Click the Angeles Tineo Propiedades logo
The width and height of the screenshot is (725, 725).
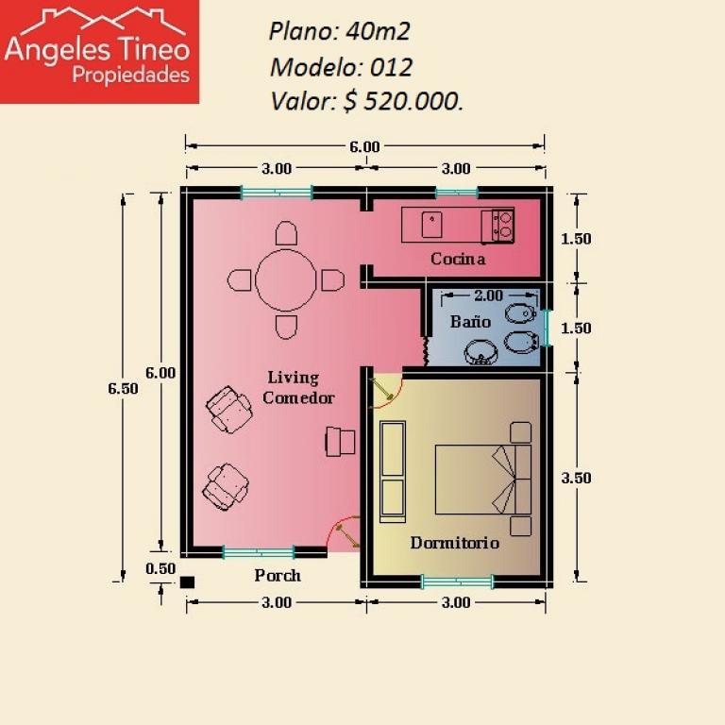[x=99, y=51]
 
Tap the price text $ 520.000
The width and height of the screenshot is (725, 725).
[x=403, y=101]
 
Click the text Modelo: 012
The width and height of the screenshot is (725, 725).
[x=341, y=67]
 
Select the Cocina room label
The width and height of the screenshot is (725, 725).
[x=458, y=259]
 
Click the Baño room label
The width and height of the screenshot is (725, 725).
[x=470, y=321]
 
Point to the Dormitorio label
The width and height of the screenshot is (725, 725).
[x=454, y=543]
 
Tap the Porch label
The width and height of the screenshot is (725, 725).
[x=278, y=575]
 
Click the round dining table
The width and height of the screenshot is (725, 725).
[x=286, y=280]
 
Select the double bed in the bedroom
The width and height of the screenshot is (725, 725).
[x=483, y=480]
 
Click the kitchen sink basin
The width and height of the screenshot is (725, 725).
[x=431, y=225]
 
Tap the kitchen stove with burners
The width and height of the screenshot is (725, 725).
[x=498, y=226]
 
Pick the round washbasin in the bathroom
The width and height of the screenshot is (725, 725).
[x=480, y=353]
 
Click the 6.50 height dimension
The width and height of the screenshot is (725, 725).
[x=123, y=388]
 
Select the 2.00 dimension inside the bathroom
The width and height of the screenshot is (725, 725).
[x=489, y=295]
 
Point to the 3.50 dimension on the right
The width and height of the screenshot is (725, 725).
[x=576, y=478]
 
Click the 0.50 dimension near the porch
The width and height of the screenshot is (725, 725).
[x=160, y=568]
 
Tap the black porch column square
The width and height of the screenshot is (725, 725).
[x=187, y=582]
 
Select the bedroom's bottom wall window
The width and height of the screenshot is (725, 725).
[x=457, y=582]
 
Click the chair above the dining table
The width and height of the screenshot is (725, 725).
[x=286, y=233]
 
